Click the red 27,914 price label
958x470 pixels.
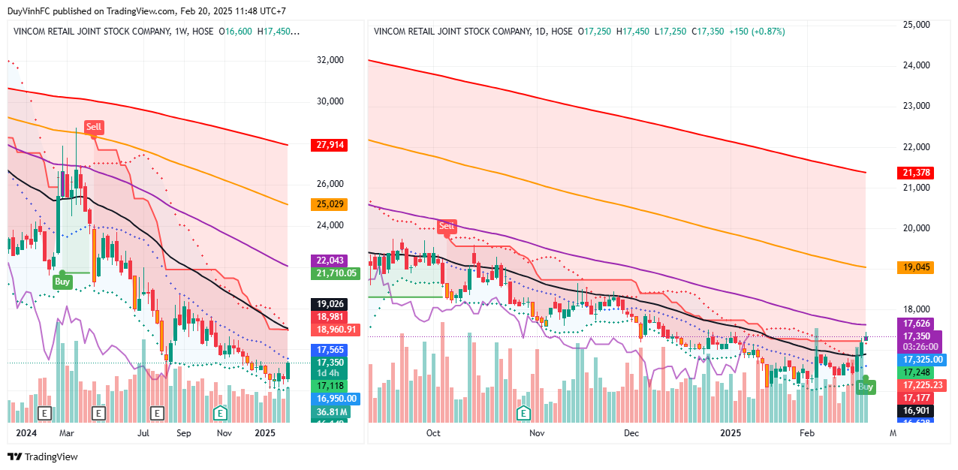(328, 146)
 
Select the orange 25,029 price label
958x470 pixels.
(328, 204)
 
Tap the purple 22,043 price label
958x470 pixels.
(328, 261)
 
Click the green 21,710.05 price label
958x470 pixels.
(334, 273)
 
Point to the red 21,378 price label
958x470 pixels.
(916, 173)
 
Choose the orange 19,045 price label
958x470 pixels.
(916, 267)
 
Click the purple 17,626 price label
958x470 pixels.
(916, 324)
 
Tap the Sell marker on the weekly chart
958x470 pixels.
(93, 128)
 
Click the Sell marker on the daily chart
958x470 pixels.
(447, 226)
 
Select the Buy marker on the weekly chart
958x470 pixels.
(62, 282)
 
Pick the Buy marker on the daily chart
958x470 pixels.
(866, 387)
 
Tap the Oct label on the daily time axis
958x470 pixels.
(433, 433)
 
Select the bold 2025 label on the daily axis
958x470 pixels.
(731, 433)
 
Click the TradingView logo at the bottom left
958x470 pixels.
(43, 456)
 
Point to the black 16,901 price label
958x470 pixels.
(916, 411)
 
